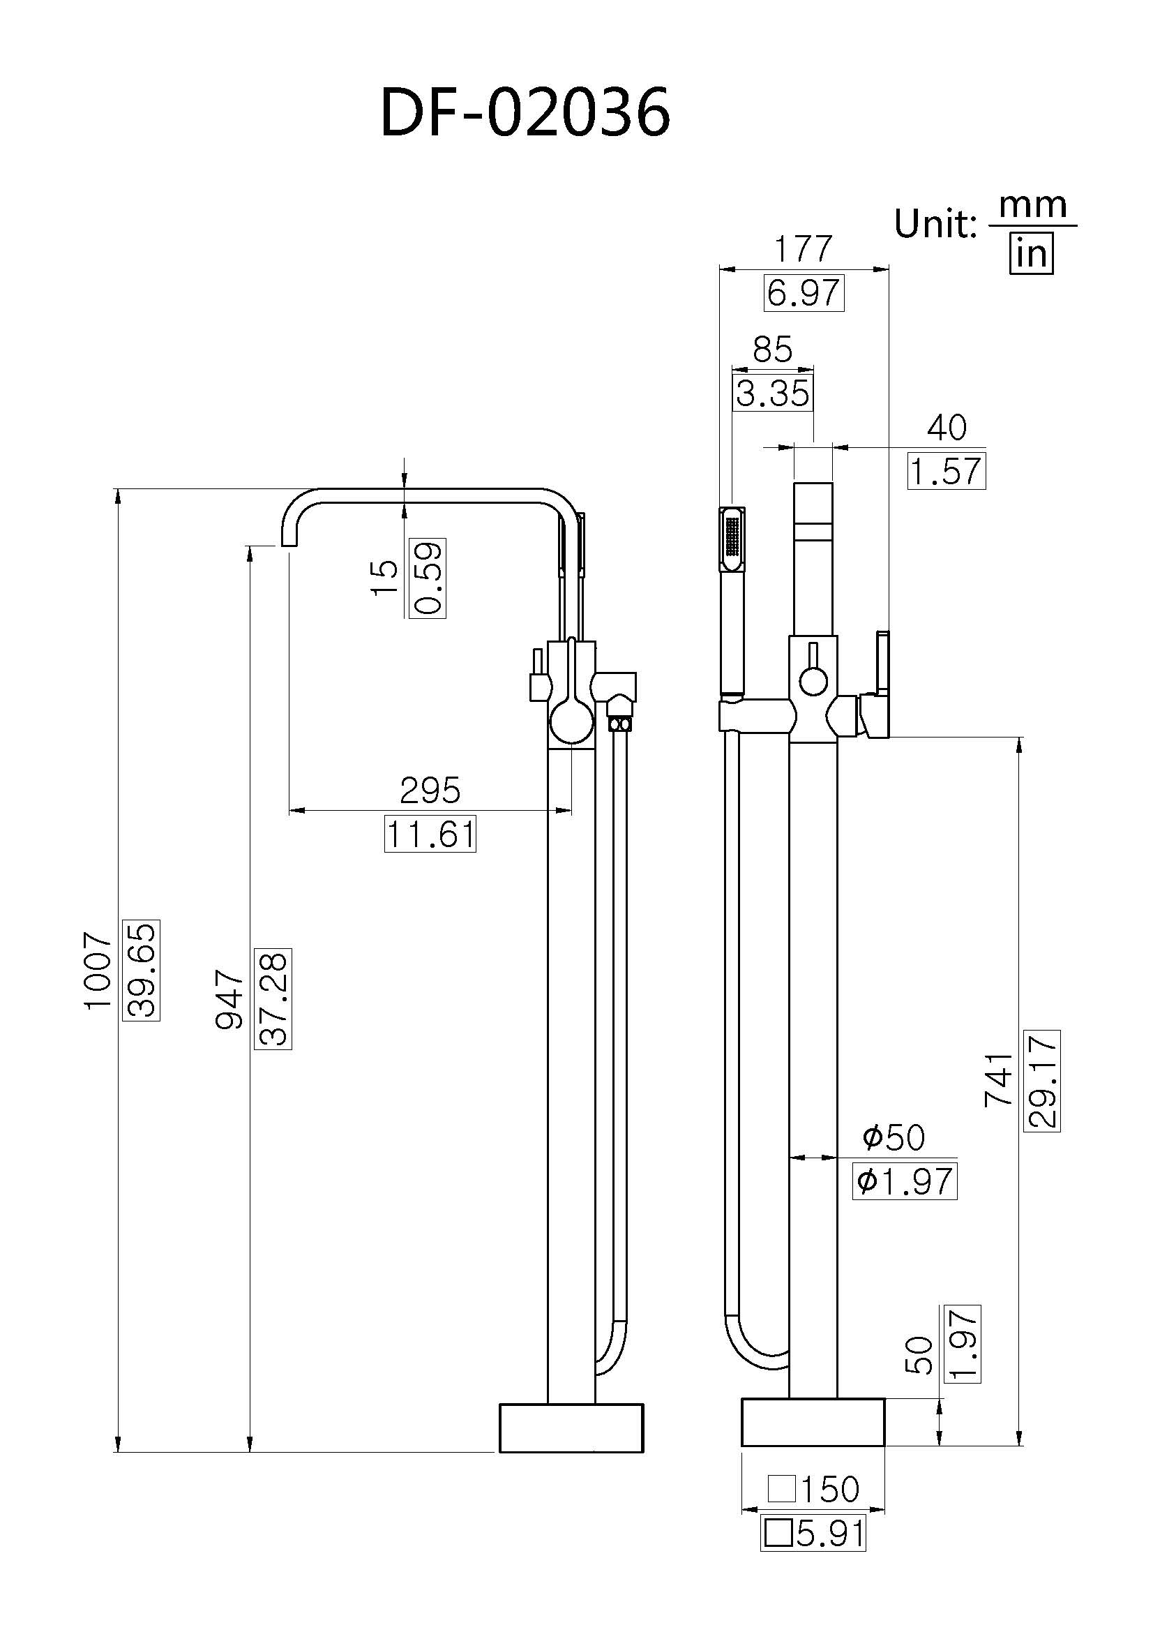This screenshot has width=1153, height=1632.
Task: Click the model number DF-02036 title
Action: click(525, 113)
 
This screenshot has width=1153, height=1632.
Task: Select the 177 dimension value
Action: click(803, 249)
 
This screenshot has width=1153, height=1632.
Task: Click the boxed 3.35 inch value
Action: click(772, 394)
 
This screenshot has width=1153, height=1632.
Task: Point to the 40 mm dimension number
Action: click(947, 427)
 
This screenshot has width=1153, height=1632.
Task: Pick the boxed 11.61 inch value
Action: click(430, 833)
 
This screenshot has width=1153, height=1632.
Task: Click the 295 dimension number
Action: click(430, 791)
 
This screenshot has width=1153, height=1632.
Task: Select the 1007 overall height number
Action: click(98, 971)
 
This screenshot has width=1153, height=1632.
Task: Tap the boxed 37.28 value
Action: click(273, 998)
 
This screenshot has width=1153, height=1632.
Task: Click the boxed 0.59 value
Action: click(428, 578)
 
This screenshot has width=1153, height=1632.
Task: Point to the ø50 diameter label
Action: click(894, 1137)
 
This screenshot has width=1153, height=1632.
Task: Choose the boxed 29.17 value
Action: click(1042, 1080)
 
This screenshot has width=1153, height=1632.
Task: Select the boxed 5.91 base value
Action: click(814, 1534)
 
